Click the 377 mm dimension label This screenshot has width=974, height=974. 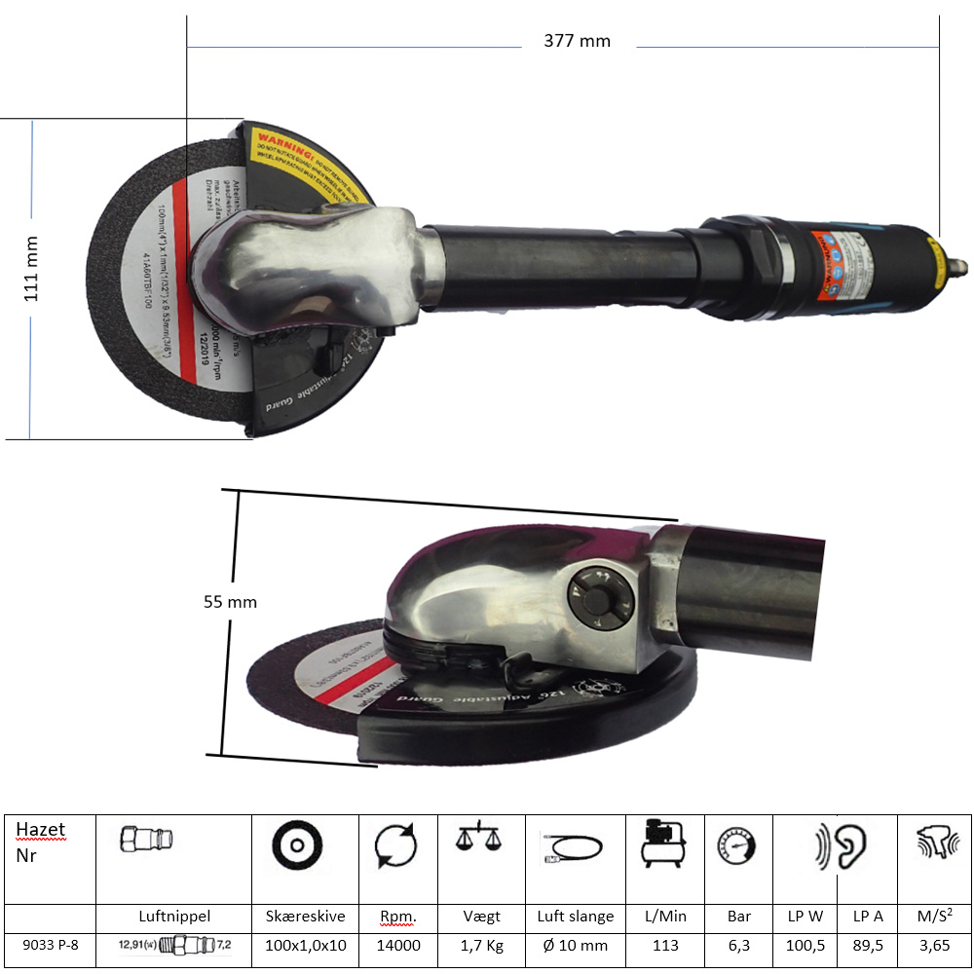577,41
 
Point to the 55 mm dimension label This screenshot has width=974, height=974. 230,602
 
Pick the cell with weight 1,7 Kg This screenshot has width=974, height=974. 482,945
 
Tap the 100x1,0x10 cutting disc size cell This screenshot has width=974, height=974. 306,945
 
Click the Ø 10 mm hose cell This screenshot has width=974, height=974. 575,945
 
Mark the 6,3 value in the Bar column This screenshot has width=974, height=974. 738,945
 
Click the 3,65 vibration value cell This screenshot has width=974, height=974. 934,945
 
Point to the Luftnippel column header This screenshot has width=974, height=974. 174,917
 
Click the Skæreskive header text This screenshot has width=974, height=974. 306,917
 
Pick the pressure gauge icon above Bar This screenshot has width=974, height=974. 736,844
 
